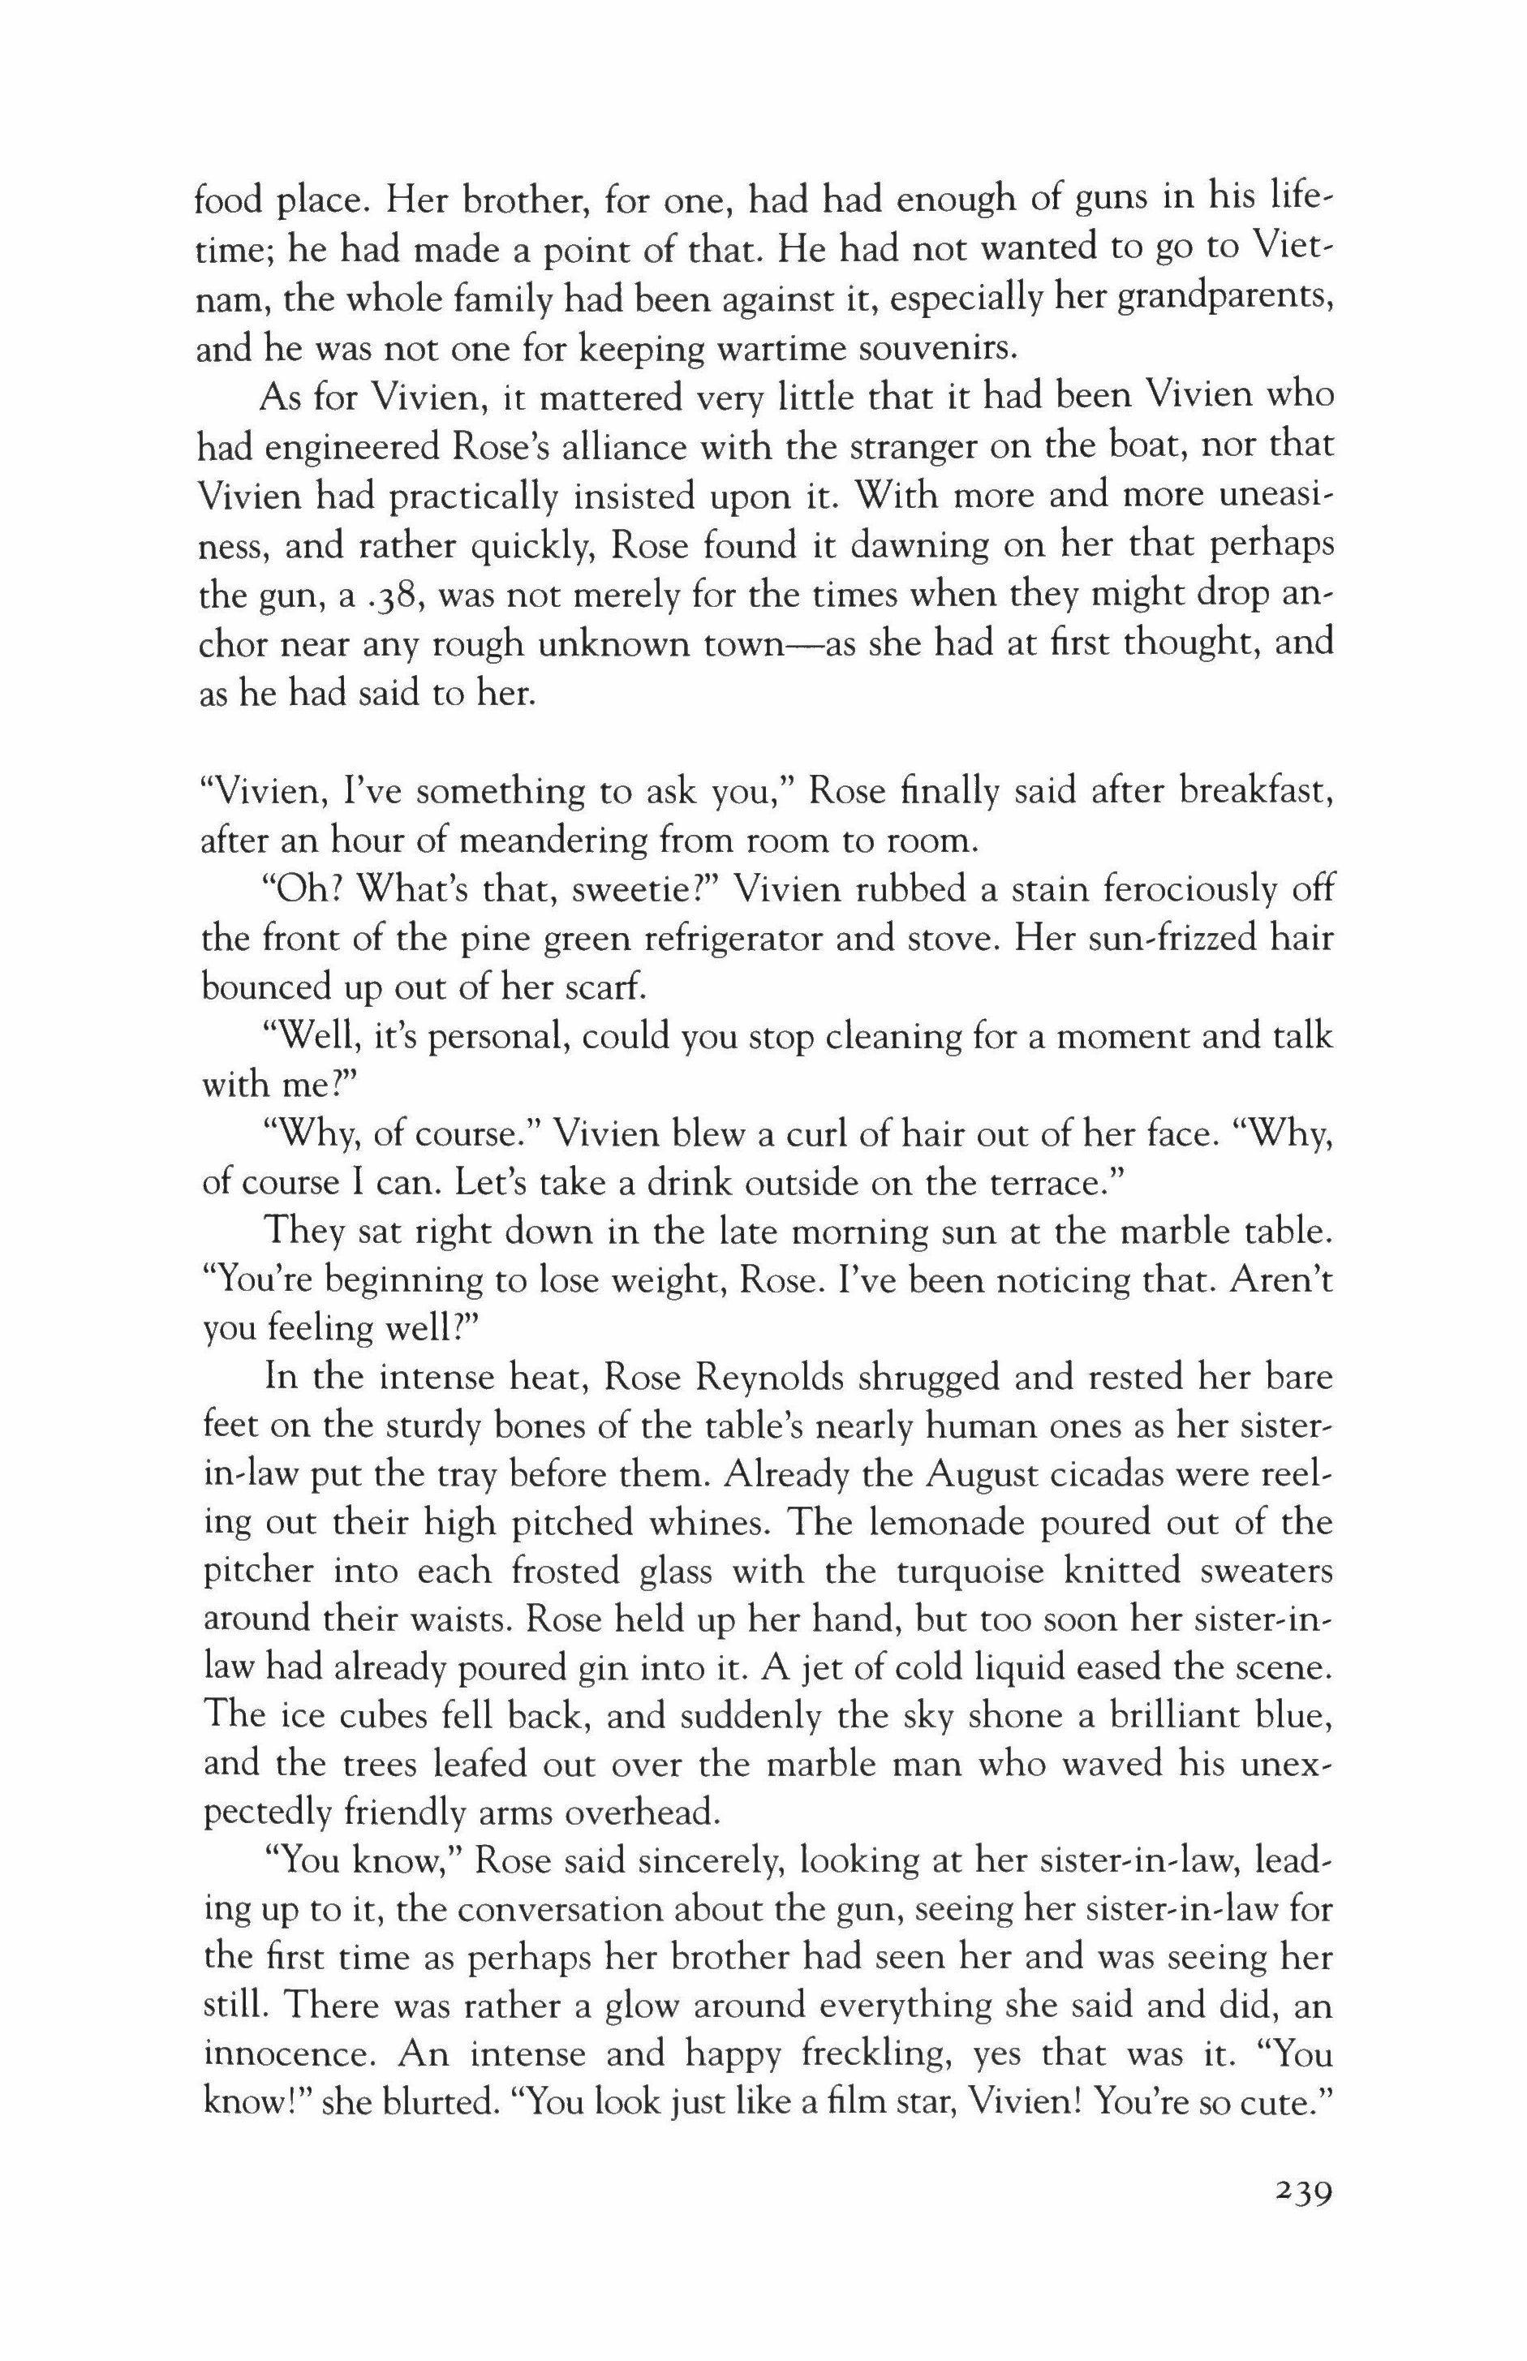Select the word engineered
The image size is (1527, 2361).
[340, 448]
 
